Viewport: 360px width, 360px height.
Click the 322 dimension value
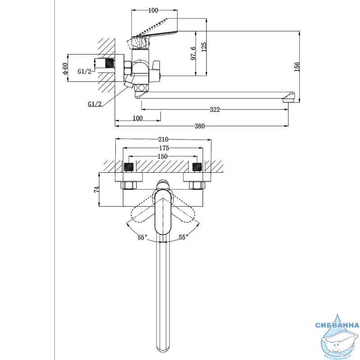point(215,110)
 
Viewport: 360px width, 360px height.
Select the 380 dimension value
point(199,126)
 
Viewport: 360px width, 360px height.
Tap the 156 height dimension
point(297,67)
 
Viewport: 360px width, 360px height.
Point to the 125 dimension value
point(204,47)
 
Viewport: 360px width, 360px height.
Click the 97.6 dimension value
point(193,54)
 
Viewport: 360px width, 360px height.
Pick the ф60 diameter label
point(65,68)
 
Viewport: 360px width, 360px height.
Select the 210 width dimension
point(163,139)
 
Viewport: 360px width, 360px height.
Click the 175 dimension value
point(164,148)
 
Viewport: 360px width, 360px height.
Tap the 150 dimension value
point(162,157)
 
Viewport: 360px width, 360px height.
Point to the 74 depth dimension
point(97,189)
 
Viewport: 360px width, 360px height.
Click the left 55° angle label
point(142,238)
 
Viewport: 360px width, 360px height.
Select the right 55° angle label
point(184,237)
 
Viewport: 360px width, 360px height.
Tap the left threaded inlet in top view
point(129,167)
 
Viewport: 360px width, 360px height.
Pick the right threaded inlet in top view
point(197,167)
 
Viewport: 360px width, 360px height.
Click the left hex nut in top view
point(129,185)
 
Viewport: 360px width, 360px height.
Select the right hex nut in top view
point(197,185)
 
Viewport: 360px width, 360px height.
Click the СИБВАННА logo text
point(337,325)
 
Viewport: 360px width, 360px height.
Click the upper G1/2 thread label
point(85,72)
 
